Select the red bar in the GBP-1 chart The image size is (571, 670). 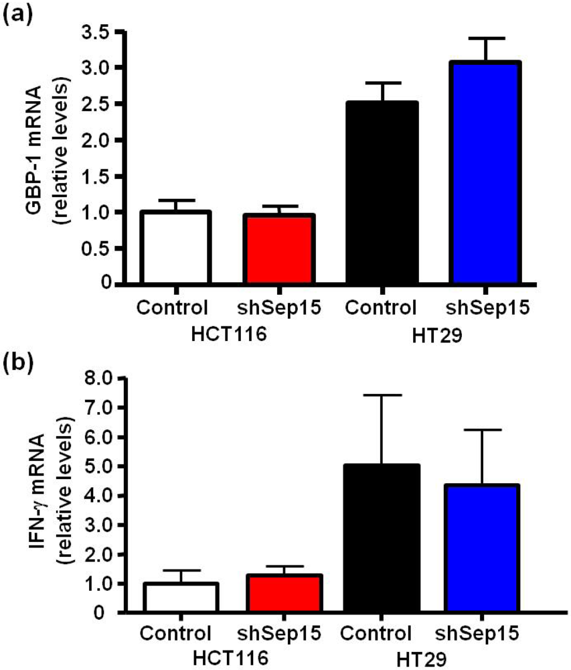(279, 249)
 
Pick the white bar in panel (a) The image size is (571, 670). (175, 247)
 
